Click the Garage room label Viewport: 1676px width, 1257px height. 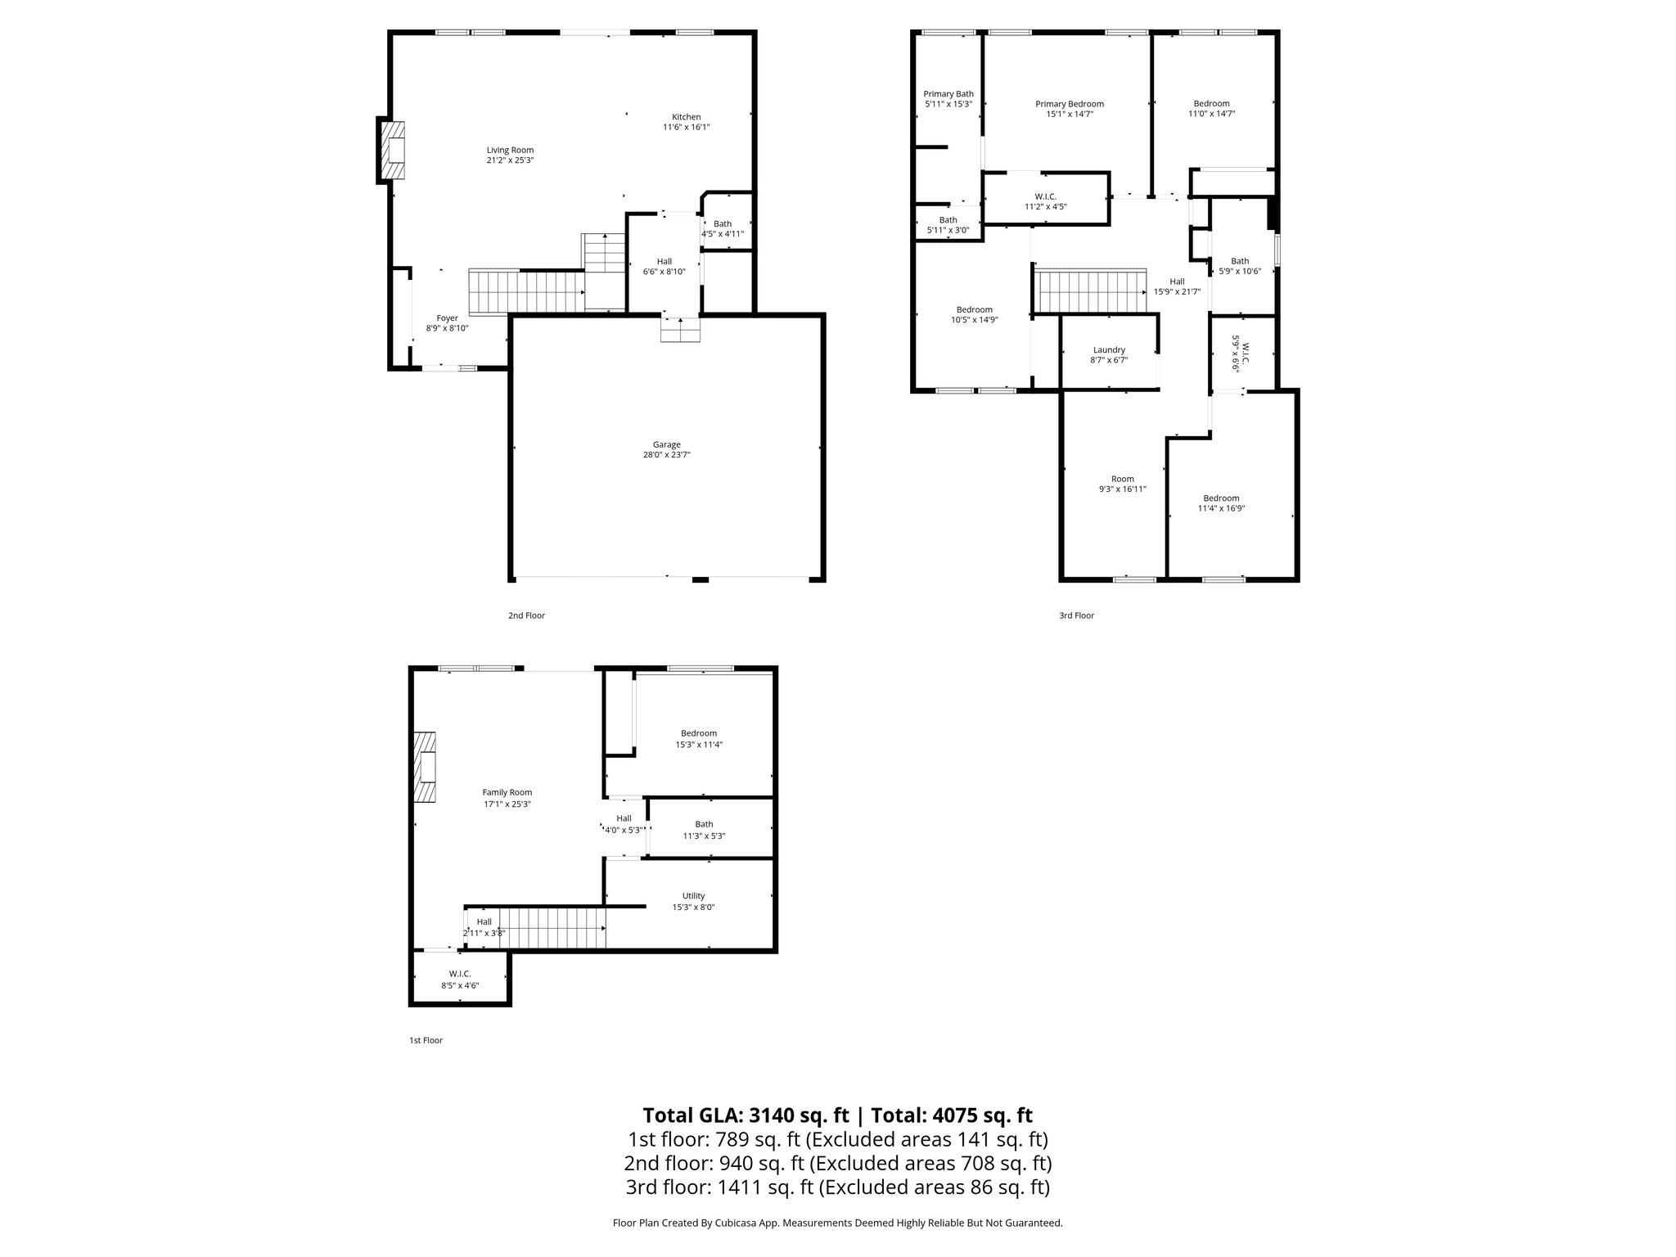667,444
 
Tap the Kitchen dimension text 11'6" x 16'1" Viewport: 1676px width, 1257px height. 686,128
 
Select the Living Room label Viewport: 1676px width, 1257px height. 510,150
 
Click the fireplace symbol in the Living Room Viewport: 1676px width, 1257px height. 395,151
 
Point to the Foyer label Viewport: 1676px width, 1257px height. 447,318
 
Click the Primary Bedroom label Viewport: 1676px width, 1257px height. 1069,104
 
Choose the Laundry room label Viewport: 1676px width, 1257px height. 1109,349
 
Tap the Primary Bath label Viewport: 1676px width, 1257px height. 948,94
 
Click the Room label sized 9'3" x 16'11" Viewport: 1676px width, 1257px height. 1122,479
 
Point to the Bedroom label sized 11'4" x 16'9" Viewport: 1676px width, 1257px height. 1220,498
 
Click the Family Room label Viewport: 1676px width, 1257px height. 507,792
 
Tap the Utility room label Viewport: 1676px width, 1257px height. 693,895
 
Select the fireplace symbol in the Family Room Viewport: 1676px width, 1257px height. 424,768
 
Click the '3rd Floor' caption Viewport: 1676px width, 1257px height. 1076,615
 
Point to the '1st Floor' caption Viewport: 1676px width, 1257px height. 426,1040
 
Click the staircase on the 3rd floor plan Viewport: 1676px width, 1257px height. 1091,291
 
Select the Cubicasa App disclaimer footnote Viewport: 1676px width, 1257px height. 837,1223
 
